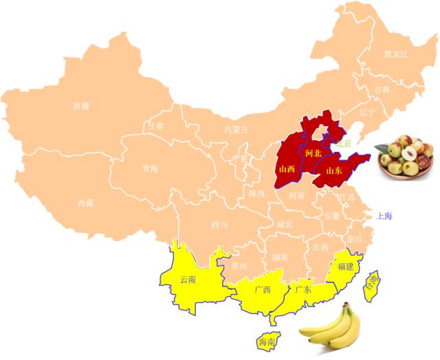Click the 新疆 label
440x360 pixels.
81,106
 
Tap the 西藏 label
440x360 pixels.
85,203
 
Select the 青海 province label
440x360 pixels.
150,168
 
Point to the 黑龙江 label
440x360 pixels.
396,54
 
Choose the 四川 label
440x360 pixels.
219,224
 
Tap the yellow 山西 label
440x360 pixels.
287,168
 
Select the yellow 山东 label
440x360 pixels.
334,170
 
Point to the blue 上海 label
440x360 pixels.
384,216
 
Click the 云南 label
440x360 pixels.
188,280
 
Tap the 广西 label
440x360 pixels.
262,289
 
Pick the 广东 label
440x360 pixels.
303,289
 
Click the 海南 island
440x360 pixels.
266,341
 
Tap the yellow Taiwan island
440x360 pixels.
373,281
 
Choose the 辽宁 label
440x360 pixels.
368,112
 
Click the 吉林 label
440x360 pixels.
382,89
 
